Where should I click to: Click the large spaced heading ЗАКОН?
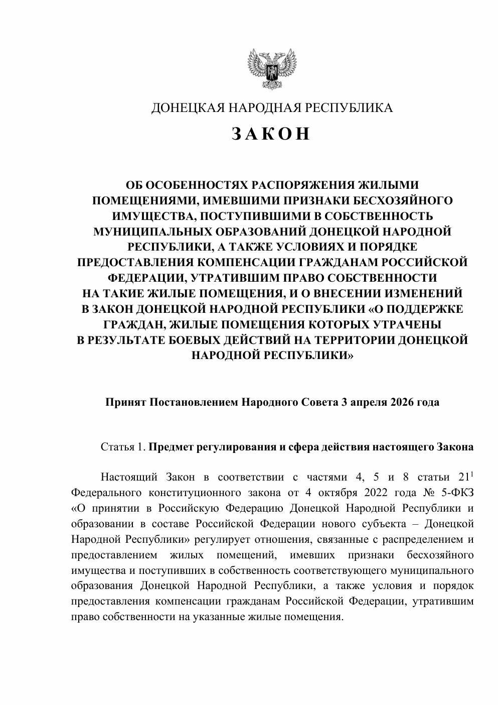271,134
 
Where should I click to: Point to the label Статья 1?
123,447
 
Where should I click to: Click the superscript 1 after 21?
472,474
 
